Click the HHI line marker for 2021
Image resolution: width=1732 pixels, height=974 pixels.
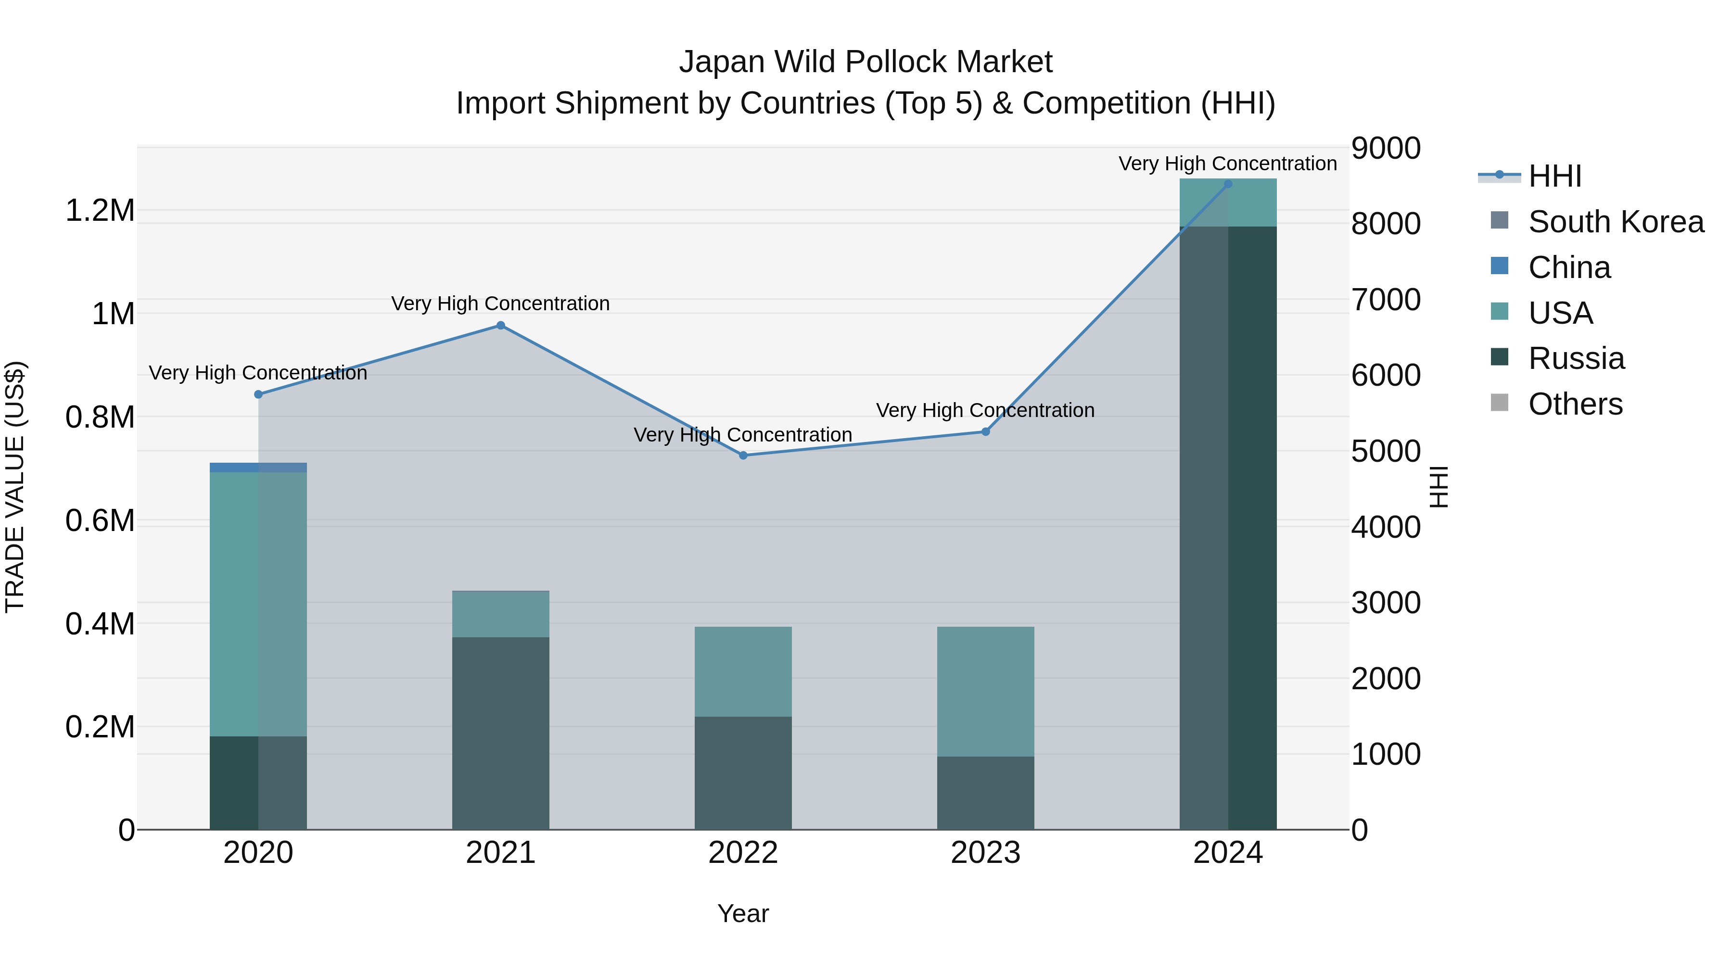pos(500,325)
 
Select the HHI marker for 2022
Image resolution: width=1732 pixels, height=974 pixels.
pos(743,455)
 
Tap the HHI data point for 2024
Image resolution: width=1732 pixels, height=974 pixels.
pos(1228,184)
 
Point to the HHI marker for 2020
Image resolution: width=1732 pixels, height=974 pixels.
pos(258,394)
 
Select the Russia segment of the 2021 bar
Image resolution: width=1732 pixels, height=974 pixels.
pos(500,733)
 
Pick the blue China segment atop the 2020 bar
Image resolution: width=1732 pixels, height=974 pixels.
pos(258,467)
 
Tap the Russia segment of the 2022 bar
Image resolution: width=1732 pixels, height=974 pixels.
pos(743,773)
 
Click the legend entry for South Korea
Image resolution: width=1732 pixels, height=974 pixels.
pos(1616,222)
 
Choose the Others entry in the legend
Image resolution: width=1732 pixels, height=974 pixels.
pos(1575,404)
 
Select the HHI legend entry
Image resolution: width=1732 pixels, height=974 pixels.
pos(1554,176)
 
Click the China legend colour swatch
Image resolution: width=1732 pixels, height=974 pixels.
pos(1499,266)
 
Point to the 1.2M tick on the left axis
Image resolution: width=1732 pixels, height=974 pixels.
pos(100,210)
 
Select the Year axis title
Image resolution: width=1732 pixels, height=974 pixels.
pos(743,913)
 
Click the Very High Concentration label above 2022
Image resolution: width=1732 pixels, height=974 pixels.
pos(743,435)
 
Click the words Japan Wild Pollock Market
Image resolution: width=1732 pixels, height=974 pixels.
pos(866,62)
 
